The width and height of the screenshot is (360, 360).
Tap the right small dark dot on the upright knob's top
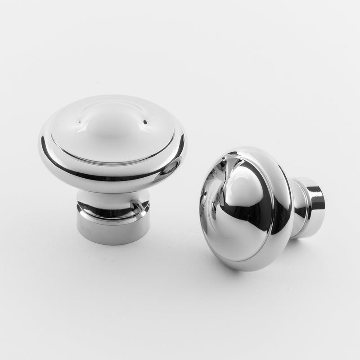pyautogui.click(x=145, y=121)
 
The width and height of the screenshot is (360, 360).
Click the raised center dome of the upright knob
pyautogui.click(x=112, y=128)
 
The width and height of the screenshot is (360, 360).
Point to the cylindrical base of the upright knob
pyautogui.click(x=113, y=229)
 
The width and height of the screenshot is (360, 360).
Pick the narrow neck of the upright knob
pyautogui.click(x=112, y=198)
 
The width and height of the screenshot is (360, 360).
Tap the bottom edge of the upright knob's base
pyautogui.click(x=113, y=243)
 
